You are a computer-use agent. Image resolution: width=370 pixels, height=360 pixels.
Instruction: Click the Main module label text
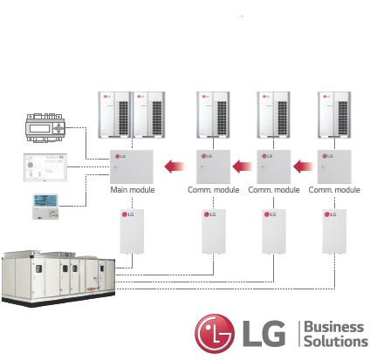[x=131, y=190]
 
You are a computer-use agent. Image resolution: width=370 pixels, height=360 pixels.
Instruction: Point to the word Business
[x=332, y=326]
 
